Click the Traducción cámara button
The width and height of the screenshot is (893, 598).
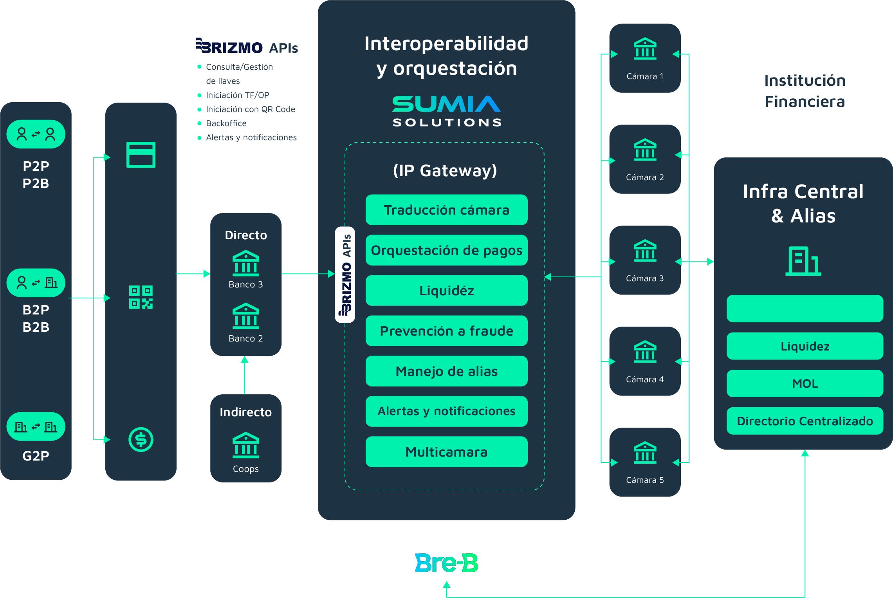446,210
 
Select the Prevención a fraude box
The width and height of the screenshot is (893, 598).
446,331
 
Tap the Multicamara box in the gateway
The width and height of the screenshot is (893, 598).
446,452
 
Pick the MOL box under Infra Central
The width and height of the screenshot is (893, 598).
805,383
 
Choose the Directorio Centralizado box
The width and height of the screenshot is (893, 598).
805,421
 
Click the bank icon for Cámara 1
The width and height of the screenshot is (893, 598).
645,49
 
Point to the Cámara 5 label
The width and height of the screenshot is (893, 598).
645,480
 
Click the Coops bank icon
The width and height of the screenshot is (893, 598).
246,445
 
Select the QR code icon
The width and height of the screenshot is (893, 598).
141,297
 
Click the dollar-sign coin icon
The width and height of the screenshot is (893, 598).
141,439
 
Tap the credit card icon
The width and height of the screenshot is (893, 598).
141,155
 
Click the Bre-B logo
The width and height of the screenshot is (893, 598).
446,563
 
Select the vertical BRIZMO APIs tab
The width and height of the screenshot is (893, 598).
345,275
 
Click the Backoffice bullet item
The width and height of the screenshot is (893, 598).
226,123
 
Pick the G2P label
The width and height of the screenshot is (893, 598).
36,456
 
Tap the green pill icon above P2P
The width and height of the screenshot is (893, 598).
36,134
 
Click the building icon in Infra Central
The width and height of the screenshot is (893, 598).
803,261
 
